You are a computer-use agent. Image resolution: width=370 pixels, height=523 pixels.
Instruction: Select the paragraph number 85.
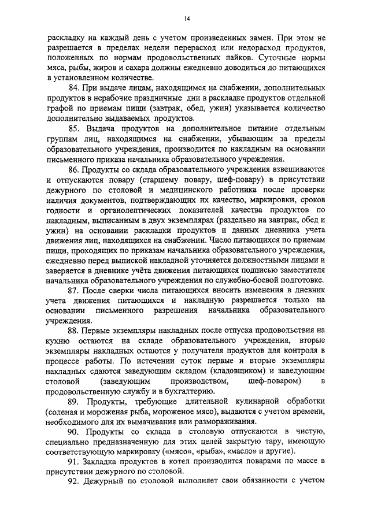click(x=75, y=127)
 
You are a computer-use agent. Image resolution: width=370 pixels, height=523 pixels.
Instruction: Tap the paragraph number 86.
click(x=74, y=169)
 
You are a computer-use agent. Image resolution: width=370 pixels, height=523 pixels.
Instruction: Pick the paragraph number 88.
click(x=74, y=331)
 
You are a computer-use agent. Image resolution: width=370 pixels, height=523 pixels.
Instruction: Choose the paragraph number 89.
click(x=75, y=401)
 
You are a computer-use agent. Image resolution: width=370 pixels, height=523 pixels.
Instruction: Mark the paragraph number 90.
click(x=75, y=432)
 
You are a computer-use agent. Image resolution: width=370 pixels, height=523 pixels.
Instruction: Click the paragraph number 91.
click(x=74, y=461)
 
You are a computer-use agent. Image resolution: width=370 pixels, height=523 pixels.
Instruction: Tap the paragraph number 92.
click(x=74, y=481)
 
